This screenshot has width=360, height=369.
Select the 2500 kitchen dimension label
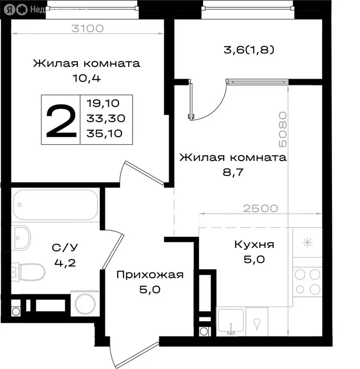(260, 208)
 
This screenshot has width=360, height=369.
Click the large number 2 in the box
(60, 120)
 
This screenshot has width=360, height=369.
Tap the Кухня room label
(254, 245)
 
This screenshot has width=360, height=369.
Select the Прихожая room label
(150, 274)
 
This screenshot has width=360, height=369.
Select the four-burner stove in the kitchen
(307, 282)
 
